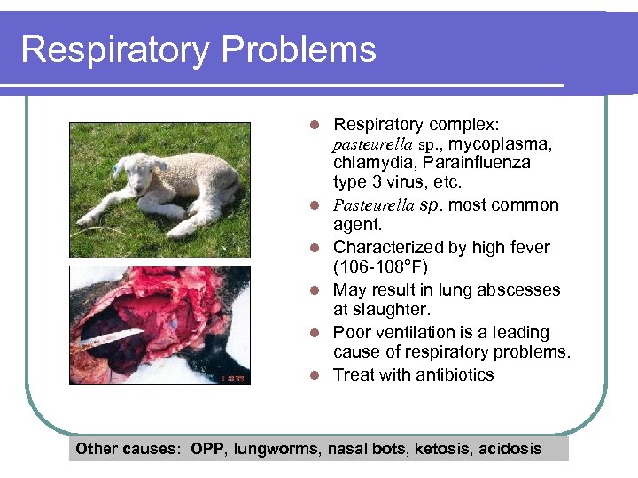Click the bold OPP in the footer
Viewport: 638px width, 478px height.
(208, 449)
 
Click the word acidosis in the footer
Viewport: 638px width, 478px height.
(510, 449)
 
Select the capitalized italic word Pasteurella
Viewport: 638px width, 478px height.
(373, 205)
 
